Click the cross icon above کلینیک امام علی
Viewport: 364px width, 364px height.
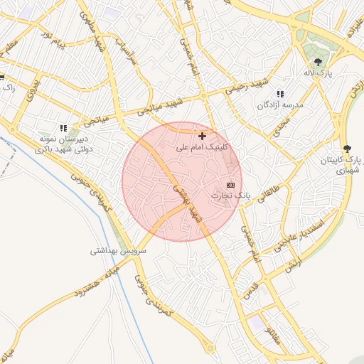tap(203, 135)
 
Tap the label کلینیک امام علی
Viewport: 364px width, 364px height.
tap(203, 147)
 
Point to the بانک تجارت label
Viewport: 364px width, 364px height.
tap(230, 195)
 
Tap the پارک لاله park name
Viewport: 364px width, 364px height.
tap(318, 73)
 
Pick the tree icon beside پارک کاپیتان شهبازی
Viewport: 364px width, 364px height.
tap(347, 149)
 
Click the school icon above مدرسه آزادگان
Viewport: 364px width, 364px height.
tap(280, 94)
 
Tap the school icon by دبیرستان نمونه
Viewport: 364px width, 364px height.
tap(63, 128)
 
